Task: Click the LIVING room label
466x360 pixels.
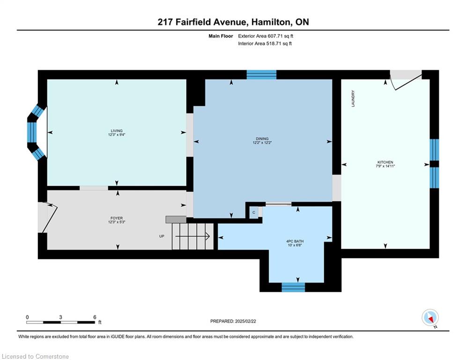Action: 117,131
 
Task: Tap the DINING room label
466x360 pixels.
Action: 262,139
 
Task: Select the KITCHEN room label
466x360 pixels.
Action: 385,162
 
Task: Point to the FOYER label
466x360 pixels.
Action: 117,218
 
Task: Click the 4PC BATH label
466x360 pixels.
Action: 295,241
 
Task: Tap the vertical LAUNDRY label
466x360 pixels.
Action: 353,98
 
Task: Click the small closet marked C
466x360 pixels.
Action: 254,212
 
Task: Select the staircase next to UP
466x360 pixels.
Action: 193,236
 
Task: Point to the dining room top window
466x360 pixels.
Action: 261,75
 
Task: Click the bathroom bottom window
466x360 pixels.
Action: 293,287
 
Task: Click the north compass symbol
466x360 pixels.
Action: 430,317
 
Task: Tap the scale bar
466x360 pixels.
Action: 60,322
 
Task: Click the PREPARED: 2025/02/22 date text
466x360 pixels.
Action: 233,321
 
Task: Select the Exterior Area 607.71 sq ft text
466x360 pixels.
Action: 266,36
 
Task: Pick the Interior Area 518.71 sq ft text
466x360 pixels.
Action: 265,44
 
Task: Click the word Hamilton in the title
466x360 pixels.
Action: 270,22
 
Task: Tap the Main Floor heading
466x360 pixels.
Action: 221,36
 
